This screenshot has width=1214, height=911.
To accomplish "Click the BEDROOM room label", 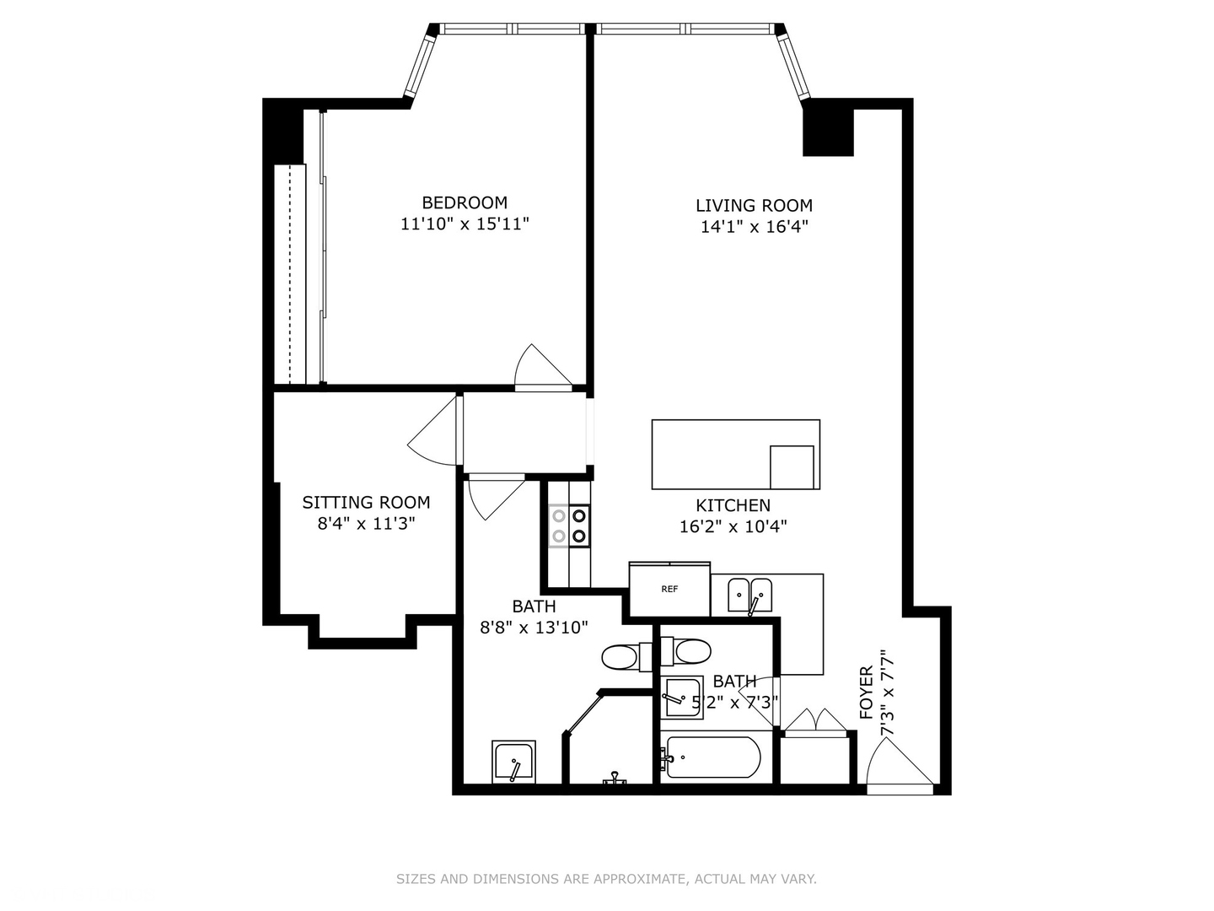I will (465, 202).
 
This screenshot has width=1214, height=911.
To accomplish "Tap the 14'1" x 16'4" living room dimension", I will (754, 227).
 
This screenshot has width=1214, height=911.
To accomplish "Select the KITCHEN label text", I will (733, 505).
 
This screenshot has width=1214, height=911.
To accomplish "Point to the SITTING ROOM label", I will (366, 503).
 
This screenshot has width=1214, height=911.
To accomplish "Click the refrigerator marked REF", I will (669, 590).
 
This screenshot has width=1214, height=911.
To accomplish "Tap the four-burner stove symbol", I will (569, 526).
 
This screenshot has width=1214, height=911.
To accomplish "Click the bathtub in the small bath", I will (713, 757).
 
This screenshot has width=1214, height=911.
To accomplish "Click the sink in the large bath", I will (513, 763).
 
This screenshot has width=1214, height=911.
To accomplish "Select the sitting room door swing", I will (434, 432).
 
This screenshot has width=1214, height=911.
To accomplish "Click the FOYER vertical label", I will (866, 693).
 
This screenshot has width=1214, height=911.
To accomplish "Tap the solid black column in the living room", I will (828, 127).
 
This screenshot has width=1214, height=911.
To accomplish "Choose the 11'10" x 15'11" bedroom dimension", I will (465, 224).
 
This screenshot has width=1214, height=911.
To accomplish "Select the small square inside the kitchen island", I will (792, 467).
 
